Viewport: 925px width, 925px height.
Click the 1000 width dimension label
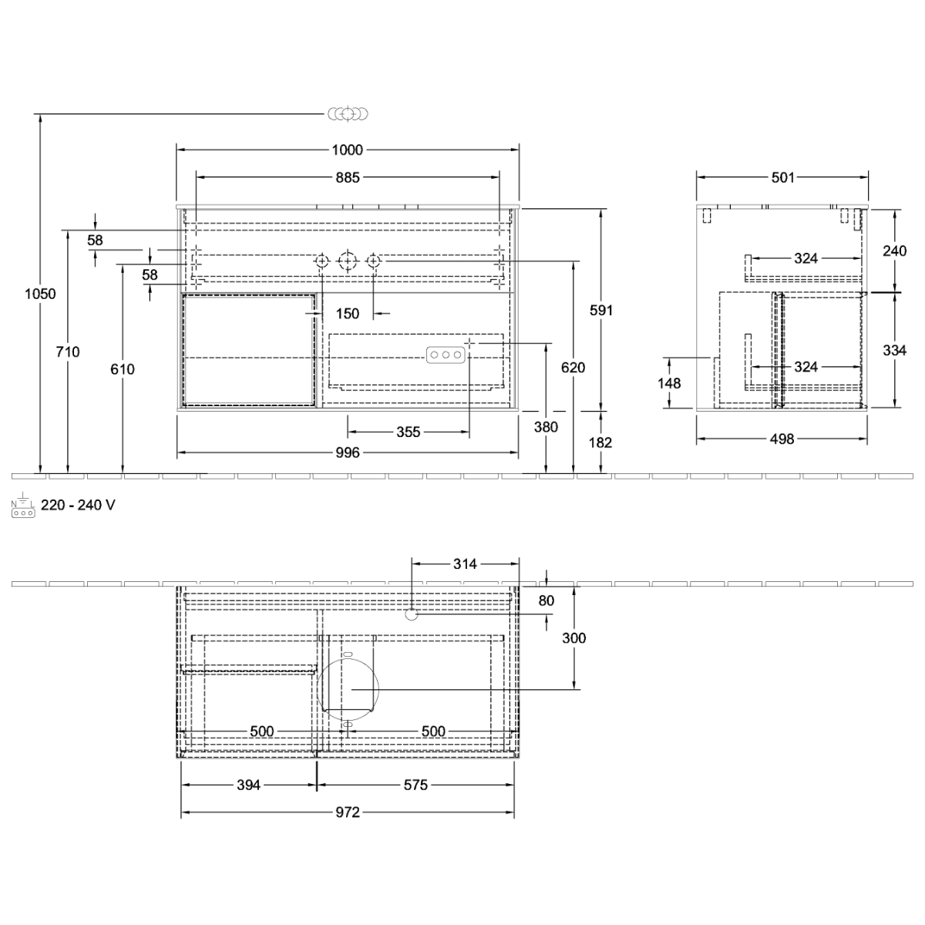pos(348,150)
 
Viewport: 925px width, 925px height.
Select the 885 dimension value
pos(348,177)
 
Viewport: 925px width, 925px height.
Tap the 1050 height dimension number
pos(40,294)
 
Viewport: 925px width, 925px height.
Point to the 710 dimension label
pos(68,351)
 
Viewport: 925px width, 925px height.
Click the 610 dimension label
pos(123,369)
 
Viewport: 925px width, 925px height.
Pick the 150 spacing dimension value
pos(348,314)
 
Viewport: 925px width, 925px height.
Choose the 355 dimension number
pos(409,432)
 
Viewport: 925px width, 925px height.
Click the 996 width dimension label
pos(348,452)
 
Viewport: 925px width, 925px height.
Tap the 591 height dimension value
pos(601,311)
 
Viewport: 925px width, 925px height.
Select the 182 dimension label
pos(600,442)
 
